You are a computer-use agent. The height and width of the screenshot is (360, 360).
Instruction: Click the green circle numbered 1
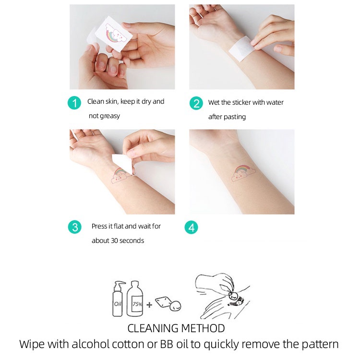tap(74, 103)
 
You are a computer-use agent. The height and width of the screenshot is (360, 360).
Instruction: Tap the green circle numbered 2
tap(196, 103)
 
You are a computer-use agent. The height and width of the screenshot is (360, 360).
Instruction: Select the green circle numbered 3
tap(74, 228)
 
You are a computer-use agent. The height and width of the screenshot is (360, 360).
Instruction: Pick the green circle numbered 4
tap(191, 228)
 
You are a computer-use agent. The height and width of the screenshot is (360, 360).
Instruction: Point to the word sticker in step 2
tap(240, 102)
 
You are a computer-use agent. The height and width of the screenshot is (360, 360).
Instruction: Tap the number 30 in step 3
tap(114, 240)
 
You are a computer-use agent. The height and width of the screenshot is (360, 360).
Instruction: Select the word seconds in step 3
tap(132, 240)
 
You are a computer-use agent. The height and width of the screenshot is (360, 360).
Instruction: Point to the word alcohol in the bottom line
tap(90, 344)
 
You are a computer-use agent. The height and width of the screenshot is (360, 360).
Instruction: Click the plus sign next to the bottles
tap(149, 305)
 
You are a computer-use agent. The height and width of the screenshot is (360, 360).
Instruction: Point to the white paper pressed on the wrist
tap(240, 49)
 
